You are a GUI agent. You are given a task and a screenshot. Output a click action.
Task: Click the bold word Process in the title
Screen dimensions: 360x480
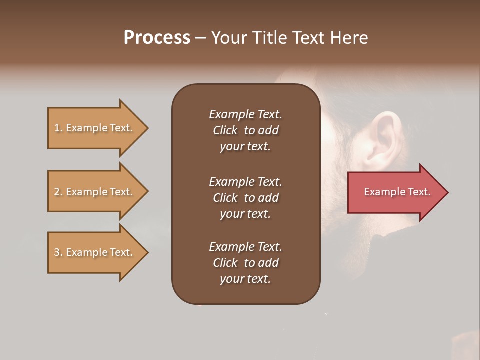(157, 38)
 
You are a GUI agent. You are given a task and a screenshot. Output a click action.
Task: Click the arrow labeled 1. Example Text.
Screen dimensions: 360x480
(95, 128)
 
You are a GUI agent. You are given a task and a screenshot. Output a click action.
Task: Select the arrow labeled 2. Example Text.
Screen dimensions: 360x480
(95, 192)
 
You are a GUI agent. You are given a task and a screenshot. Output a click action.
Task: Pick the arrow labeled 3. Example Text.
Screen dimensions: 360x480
(95, 252)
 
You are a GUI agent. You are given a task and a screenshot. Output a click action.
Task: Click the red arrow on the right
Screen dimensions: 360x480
(395, 192)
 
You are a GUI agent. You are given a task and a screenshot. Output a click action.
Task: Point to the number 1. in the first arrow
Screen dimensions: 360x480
(58, 128)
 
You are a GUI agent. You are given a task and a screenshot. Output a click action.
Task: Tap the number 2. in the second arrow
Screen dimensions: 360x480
(58, 192)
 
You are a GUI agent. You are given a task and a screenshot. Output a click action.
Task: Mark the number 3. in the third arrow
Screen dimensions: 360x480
(58, 252)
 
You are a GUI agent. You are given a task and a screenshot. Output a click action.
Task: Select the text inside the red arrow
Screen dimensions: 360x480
(397, 192)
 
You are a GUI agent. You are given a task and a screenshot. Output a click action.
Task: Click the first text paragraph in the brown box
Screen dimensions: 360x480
(245, 130)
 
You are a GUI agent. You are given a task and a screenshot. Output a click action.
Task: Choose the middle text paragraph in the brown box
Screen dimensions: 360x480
(245, 198)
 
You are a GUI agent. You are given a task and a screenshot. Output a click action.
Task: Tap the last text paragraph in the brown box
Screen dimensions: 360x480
(245, 263)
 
